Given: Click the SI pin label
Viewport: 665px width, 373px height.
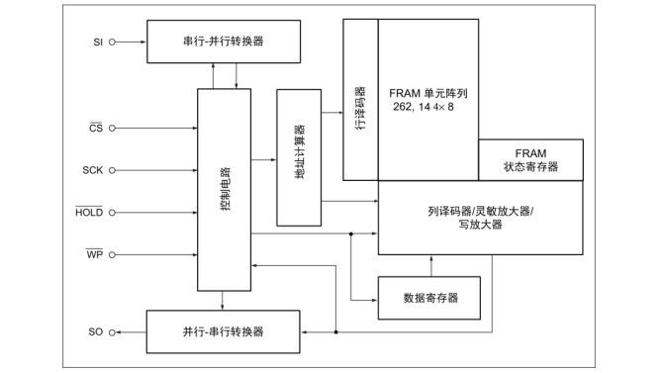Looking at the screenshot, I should pos(96,42).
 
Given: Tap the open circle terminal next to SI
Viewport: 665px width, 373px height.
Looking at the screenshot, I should pos(112,42).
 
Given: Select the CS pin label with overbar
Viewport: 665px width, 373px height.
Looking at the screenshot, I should pos(96,128).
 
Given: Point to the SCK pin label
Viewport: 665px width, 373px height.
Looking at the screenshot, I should pos(93,170).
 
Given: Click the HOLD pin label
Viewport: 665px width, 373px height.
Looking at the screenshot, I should pos(89,212).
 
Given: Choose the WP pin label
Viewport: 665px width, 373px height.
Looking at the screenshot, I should pos(95,254).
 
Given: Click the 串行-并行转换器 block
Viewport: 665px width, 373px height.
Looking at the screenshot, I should pos(224,42).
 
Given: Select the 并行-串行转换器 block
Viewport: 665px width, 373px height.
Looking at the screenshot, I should pos(224,329).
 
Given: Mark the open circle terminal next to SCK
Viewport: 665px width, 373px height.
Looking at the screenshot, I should pos(112,170).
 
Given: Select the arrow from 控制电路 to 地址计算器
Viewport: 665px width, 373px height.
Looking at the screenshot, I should pos(265,158).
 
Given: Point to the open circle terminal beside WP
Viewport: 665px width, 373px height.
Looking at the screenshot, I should pos(112,254).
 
